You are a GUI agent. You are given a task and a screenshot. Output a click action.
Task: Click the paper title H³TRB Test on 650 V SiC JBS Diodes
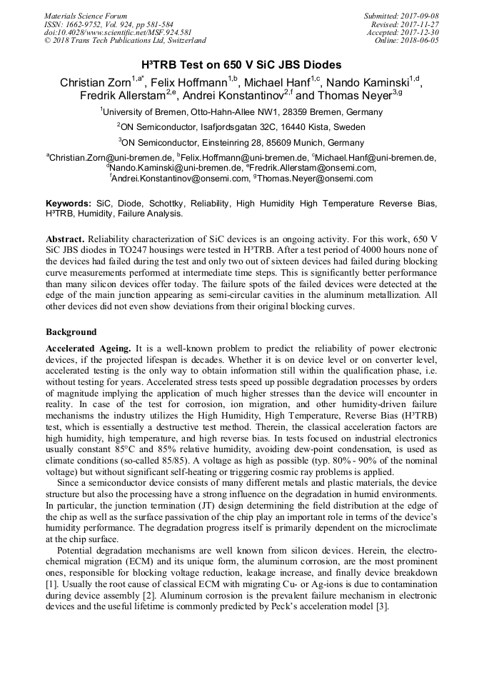pyautogui.click(x=241, y=65)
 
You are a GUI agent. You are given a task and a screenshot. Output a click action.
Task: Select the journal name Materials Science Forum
pyautogui.click(x=86, y=15)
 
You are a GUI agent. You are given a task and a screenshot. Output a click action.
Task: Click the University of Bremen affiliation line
pyautogui.click(x=241, y=111)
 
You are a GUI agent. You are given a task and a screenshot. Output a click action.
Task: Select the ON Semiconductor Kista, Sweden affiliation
pyautogui.click(x=241, y=127)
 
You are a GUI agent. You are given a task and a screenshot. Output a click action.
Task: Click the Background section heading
pyautogui.click(x=71, y=332)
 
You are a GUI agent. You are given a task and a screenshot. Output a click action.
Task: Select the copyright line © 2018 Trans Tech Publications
pyautogui.click(x=125, y=41)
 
